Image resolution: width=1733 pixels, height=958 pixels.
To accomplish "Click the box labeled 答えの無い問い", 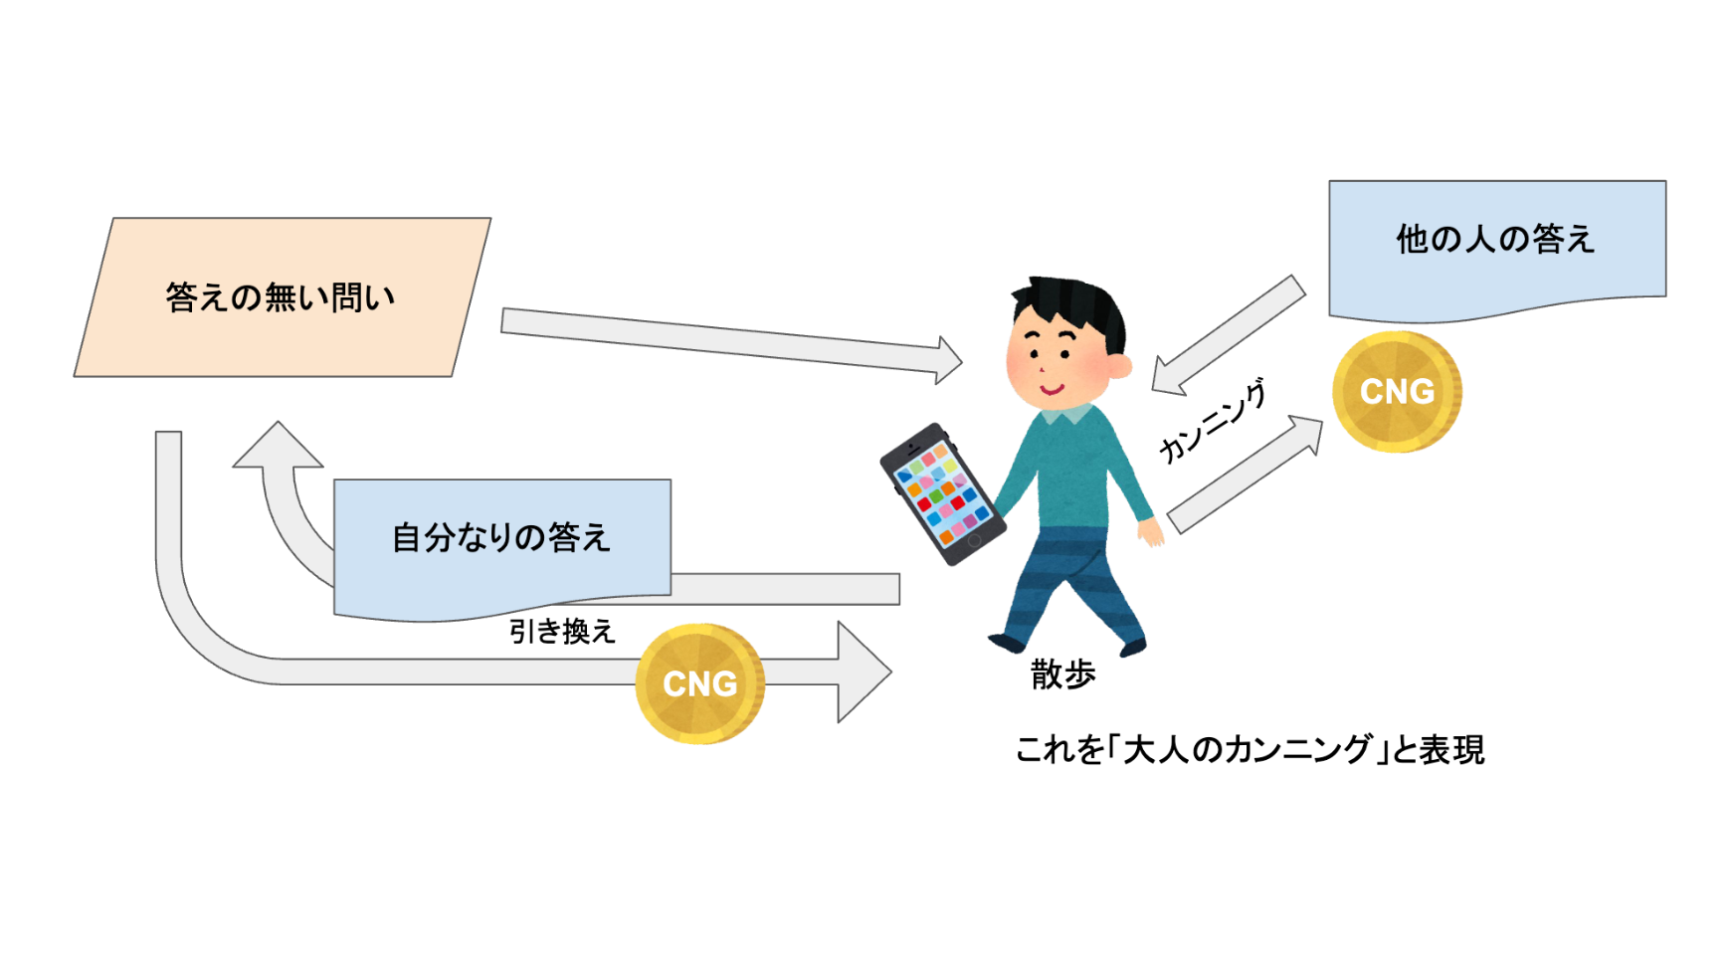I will click(282, 297).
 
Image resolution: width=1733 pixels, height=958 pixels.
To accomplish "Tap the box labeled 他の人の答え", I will click(1495, 240).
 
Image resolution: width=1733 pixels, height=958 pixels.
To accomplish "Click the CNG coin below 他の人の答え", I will click(1397, 392).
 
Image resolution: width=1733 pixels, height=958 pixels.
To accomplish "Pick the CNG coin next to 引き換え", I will click(699, 683).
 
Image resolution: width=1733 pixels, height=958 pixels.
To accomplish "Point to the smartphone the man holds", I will click(941, 494).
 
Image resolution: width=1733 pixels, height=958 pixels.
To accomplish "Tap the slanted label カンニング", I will click(1213, 422).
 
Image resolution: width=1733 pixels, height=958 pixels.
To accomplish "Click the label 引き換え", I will click(562, 632).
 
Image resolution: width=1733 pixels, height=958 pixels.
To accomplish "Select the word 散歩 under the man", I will click(1062, 675).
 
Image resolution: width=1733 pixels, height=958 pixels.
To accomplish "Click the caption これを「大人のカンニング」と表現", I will click(1250, 750).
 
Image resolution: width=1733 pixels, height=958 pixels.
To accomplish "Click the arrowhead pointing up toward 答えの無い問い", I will click(278, 446).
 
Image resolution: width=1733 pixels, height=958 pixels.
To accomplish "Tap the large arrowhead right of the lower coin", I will click(862, 672).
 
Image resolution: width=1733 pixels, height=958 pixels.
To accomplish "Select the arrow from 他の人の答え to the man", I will click(1229, 334).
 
